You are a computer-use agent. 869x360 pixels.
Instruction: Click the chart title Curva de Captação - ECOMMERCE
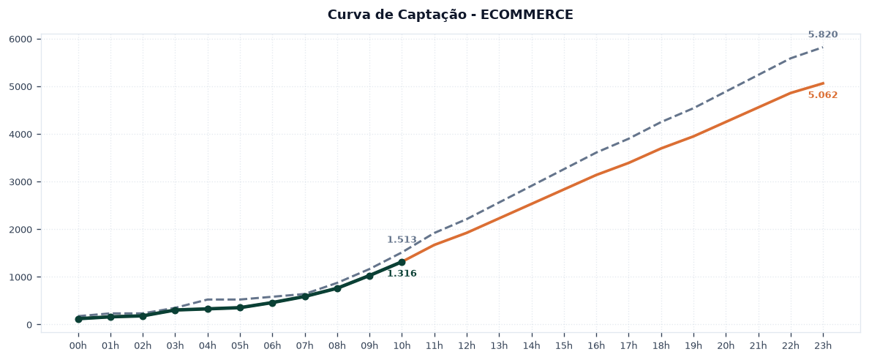pyautogui.click(x=450, y=15)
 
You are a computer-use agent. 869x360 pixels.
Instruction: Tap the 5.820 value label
pyautogui.click(x=822, y=34)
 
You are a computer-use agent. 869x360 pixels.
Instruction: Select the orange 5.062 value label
pyautogui.click(x=822, y=95)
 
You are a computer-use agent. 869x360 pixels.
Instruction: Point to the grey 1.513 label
pyautogui.click(x=402, y=239)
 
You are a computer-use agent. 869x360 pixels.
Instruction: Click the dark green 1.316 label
pyautogui.click(x=402, y=274)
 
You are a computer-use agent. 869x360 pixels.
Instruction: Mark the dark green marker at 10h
pyautogui.click(x=402, y=262)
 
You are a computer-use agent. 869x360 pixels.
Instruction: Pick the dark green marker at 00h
pyautogui.click(x=78, y=319)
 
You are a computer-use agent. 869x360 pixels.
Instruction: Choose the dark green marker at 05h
pyautogui.click(x=240, y=307)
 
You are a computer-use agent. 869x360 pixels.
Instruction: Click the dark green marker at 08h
pyautogui.click(x=337, y=288)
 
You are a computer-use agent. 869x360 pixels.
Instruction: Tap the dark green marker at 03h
pyautogui.click(x=175, y=310)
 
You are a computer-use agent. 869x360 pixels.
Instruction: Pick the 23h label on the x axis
pyautogui.click(x=822, y=346)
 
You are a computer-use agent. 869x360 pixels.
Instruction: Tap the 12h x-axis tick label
pyautogui.click(x=467, y=346)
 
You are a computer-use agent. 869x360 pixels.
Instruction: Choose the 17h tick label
pyautogui.click(x=628, y=346)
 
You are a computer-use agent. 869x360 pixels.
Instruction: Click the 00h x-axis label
pyautogui.click(x=78, y=346)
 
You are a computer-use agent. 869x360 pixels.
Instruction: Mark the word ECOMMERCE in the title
pyautogui.click(x=527, y=15)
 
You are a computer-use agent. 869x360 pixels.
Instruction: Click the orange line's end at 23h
pyautogui.click(x=822, y=83)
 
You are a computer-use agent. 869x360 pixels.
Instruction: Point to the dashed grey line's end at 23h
pyautogui.click(x=822, y=47)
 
